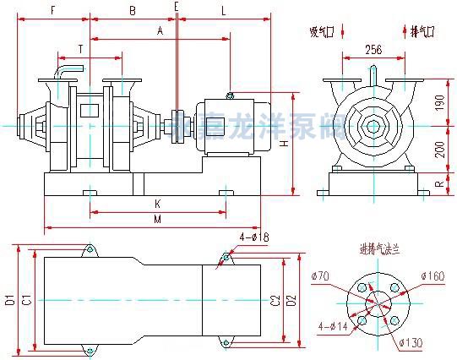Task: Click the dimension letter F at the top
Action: click(53, 10)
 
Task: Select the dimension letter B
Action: click(131, 10)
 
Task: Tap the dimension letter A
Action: click(160, 30)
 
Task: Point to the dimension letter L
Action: click(223, 10)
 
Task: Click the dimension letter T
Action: click(80, 48)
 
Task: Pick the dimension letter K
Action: click(157, 204)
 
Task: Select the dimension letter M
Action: click(157, 220)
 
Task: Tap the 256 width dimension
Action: click(373, 50)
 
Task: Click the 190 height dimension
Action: click(441, 102)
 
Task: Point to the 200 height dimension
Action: click(441, 149)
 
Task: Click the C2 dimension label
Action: click(275, 300)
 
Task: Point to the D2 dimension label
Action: click(291, 300)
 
